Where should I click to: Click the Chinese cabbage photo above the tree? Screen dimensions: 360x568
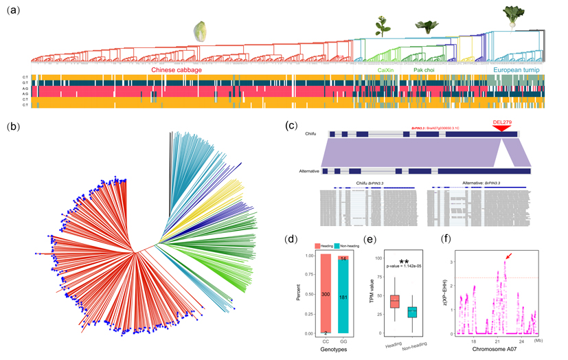(201, 30)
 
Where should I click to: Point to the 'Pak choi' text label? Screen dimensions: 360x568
(429, 70)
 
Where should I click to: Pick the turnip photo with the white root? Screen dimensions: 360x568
(512, 16)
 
